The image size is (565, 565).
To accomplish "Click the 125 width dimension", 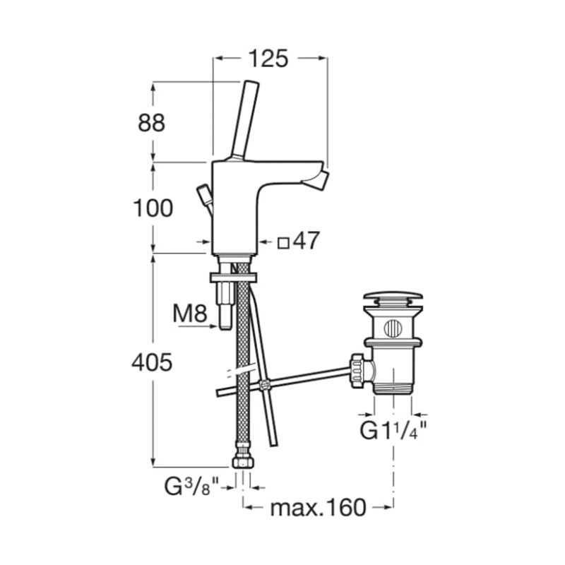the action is [x=269, y=59].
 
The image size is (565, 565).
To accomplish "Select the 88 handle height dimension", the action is [x=152, y=122].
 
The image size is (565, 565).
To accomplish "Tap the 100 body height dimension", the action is [x=153, y=208].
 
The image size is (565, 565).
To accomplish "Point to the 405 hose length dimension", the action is [x=152, y=362].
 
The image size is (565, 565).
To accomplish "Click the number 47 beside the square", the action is [x=307, y=240].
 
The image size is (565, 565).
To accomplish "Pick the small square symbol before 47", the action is [x=284, y=243].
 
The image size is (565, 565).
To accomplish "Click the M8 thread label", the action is [x=190, y=314].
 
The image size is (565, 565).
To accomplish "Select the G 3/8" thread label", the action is [x=191, y=486].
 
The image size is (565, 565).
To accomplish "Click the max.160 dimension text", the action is [x=319, y=507].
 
